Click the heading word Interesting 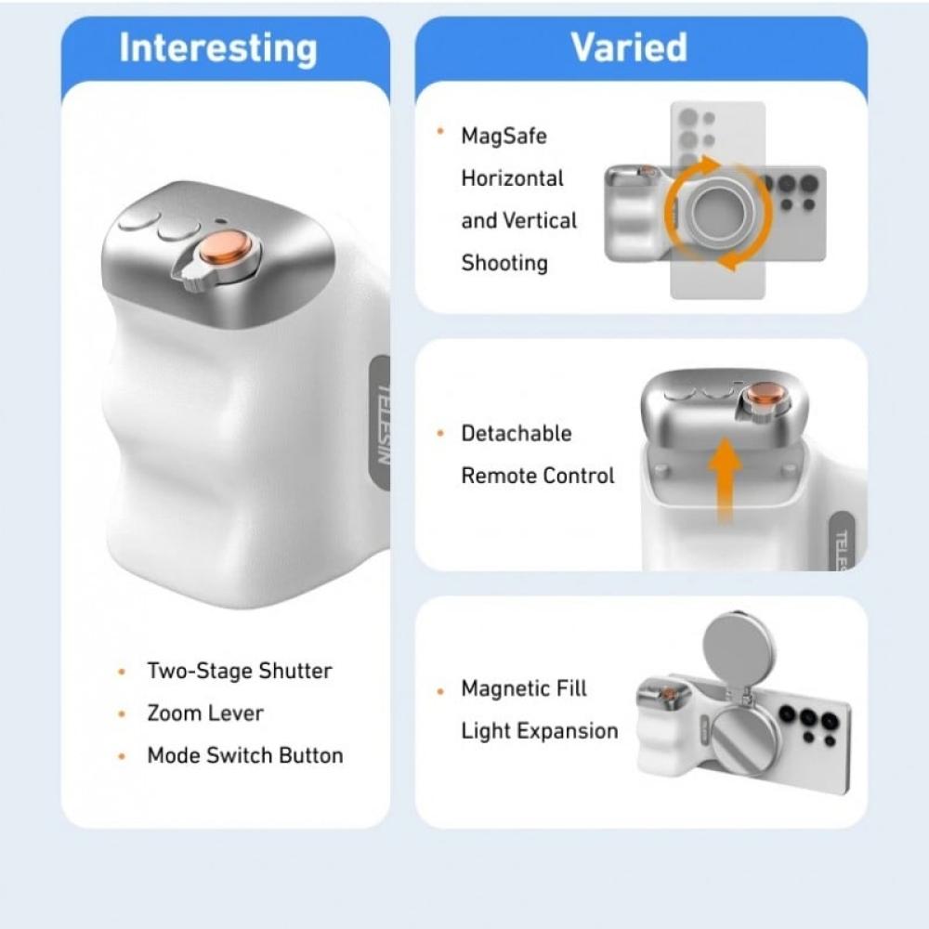pos(218,48)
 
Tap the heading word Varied pos(629,46)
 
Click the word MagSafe pos(504,136)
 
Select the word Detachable pos(517,433)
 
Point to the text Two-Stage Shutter pos(240,671)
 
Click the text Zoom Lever pos(205,713)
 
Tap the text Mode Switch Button pos(245,755)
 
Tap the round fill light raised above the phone pos(739,646)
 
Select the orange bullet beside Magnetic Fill pos(440,691)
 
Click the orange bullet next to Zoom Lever pos(122,713)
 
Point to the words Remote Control pos(538,476)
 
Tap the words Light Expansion pos(540,731)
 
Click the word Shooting pos(504,263)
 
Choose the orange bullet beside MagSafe pos(440,131)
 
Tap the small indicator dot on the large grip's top pos(221,222)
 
